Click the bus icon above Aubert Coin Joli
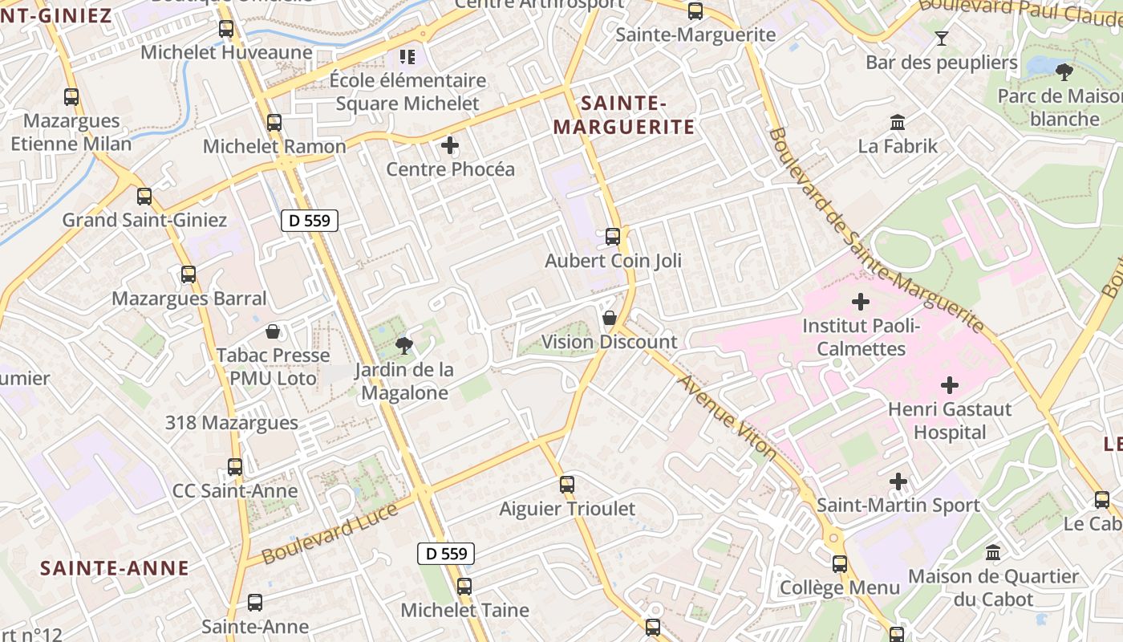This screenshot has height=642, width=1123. (x=613, y=237)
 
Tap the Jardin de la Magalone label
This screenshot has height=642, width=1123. (x=404, y=381)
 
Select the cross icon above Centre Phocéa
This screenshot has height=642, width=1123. (x=450, y=145)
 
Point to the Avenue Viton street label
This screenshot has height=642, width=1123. (x=728, y=417)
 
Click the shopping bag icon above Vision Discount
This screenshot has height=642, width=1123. (x=610, y=318)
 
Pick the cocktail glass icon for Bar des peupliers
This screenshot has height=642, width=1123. (x=942, y=38)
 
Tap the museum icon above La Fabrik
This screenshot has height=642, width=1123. (x=898, y=123)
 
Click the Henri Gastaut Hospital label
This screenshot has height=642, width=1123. (x=950, y=421)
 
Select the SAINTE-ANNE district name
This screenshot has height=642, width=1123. (x=115, y=568)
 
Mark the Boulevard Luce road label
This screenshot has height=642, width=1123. (x=330, y=534)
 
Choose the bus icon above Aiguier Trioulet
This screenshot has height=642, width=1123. (x=567, y=485)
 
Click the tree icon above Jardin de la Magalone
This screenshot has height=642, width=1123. (x=403, y=346)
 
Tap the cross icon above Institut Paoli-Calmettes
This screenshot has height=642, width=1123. (x=861, y=302)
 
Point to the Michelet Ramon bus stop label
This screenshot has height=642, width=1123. (x=274, y=146)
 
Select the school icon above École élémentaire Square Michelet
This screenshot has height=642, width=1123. (x=407, y=56)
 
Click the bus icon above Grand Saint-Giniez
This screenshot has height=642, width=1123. (x=144, y=196)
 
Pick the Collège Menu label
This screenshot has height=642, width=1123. (x=840, y=587)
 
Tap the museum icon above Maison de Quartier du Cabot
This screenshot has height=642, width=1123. (x=993, y=553)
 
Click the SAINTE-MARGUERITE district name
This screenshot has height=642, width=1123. (x=623, y=115)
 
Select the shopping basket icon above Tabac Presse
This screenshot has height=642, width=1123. (x=273, y=331)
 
